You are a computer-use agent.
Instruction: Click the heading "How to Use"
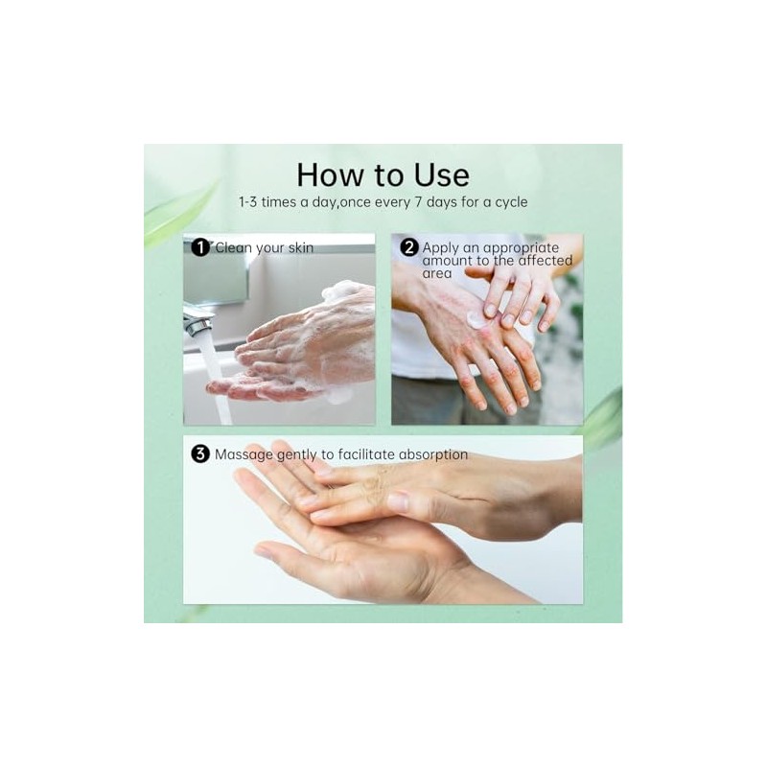(x=383, y=174)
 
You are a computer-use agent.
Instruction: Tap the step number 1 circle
(x=200, y=248)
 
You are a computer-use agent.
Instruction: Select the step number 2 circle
(x=408, y=248)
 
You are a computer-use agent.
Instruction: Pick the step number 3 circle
(x=200, y=454)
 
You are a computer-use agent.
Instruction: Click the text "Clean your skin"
(x=264, y=248)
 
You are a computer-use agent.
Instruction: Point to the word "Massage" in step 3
(x=244, y=454)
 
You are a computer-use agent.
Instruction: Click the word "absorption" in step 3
(x=430, y=454)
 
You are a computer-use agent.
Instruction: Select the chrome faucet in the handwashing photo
(x=198, y=321)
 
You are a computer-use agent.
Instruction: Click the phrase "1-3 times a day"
(x=286, y=203)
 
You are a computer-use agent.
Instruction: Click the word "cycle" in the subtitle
(x=508, y=203)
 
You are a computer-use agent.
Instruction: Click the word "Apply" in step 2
(x=441, y=248)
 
